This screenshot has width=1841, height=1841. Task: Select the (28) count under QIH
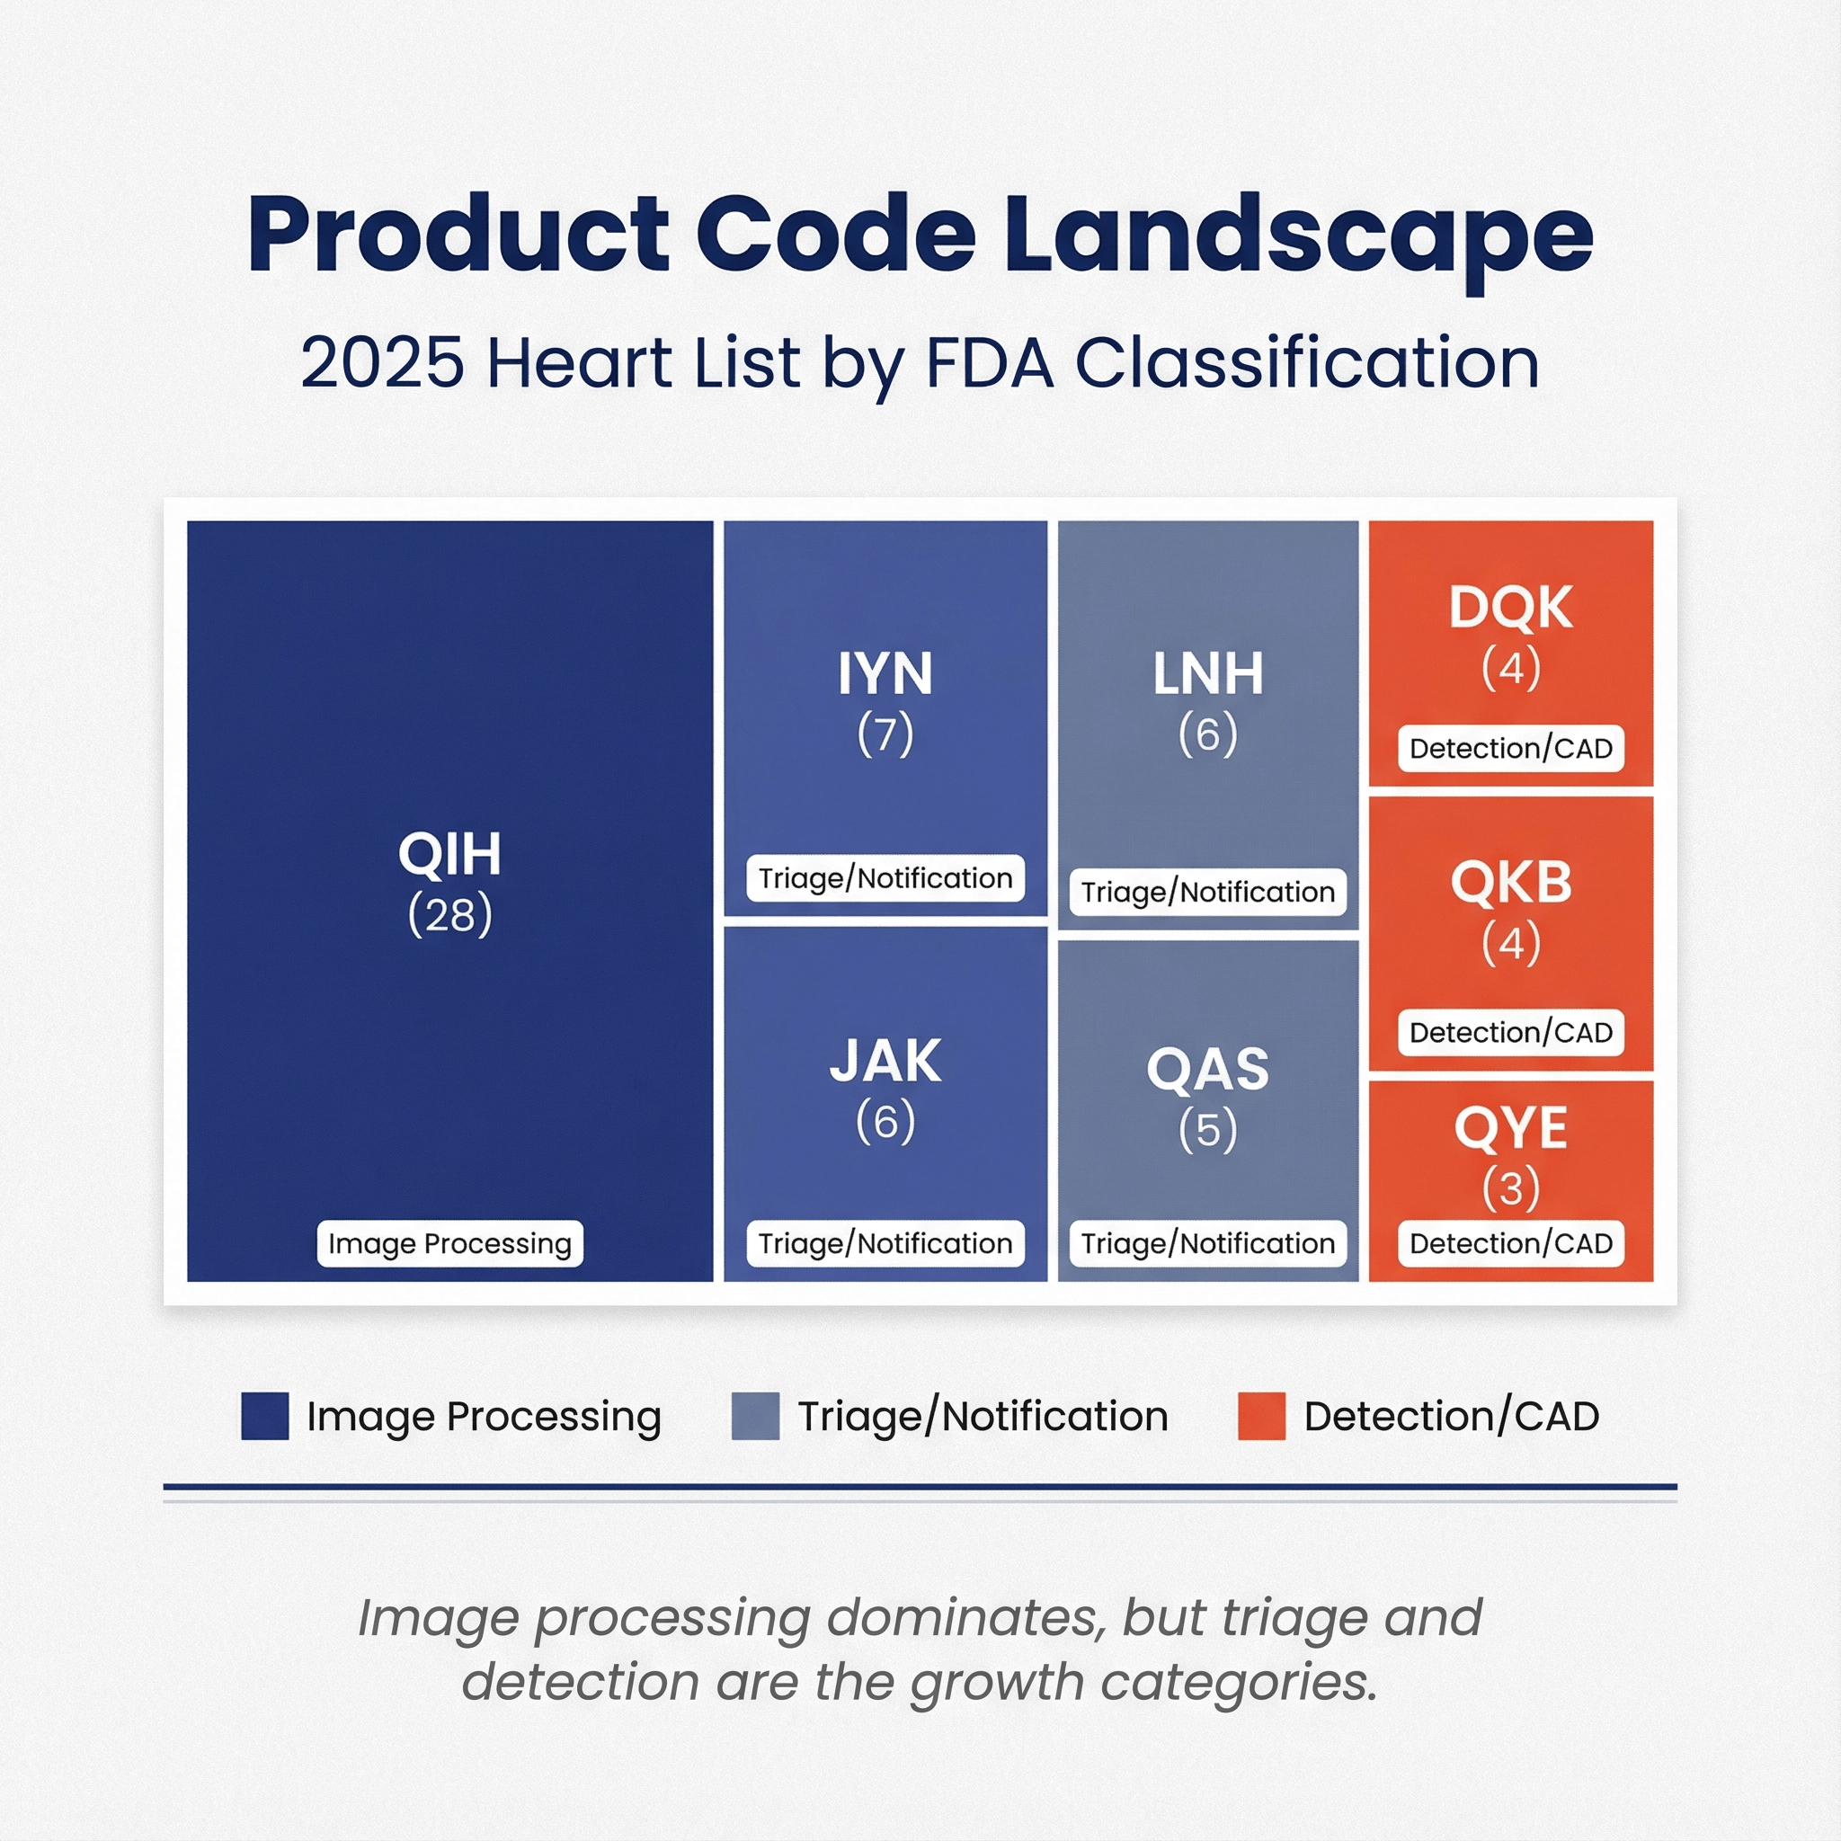click(449, 915)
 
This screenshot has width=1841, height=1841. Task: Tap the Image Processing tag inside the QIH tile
click(449, 1243)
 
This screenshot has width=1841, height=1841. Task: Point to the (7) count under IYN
click(885, 734)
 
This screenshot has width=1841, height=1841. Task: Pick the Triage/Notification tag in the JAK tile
click(885, 1243)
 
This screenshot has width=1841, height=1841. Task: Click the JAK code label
click(885, 1061)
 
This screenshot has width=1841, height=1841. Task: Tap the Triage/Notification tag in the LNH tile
click(1208, 892)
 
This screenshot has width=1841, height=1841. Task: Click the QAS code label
click(1208, 1069)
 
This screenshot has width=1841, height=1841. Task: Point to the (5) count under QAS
click(1208, 1130)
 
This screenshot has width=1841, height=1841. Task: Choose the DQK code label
click(1510, 607)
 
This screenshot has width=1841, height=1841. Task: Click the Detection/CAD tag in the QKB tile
click(1510, 1033)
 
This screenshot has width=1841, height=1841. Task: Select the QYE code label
click(1510, 1128)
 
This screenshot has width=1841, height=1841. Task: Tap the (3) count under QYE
click(1510, 1188)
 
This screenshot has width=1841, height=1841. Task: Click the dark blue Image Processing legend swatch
click(265, 1416)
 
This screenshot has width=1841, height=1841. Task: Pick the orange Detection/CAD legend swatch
click(1261, 1416)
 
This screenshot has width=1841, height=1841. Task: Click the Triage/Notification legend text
click(983, 1417)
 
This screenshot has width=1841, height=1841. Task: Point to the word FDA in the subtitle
click(990, 363)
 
